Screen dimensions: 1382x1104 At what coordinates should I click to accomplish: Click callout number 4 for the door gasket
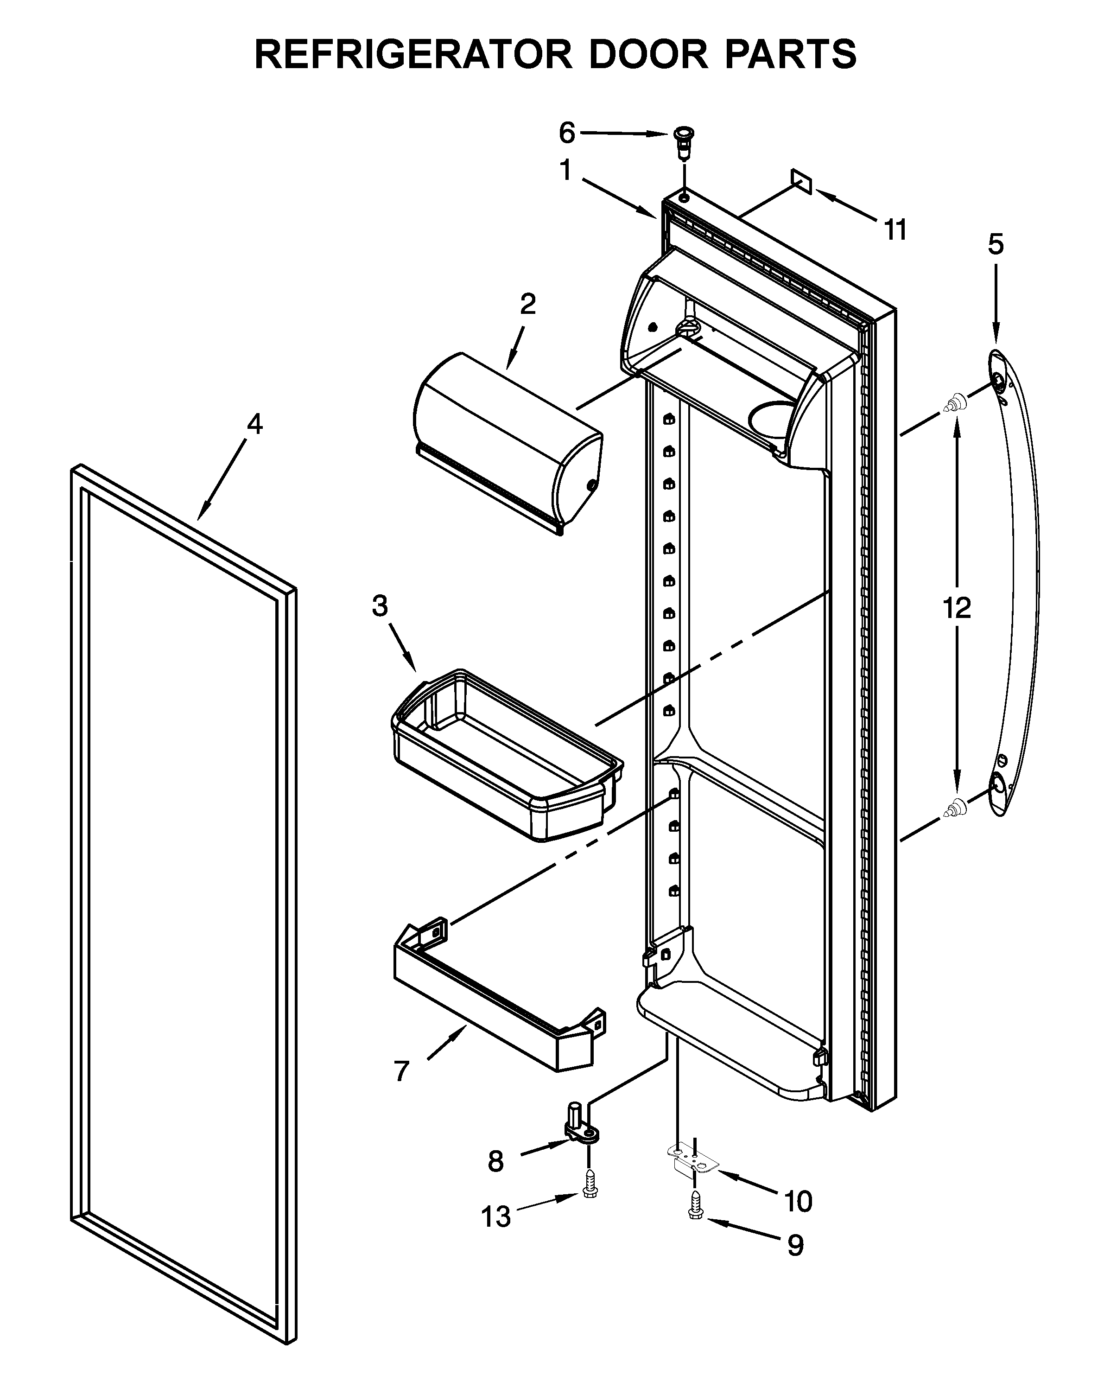point(254,424)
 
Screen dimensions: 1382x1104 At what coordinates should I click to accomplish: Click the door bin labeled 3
point(506,757)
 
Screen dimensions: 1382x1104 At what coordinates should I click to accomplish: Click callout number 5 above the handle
point(995,245)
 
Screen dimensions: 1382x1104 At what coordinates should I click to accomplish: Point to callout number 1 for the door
point(565,171)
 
